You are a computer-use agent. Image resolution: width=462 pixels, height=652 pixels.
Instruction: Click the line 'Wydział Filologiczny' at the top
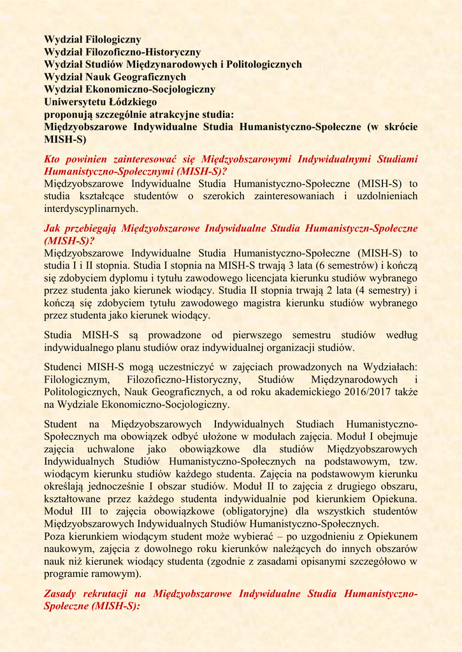point(92,39)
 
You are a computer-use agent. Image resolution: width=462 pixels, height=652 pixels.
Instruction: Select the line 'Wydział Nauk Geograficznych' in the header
point(115,77)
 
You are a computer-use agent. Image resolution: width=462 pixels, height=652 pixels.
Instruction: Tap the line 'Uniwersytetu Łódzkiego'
point(100,102)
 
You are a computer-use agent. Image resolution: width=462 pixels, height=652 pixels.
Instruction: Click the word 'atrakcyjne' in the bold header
point(179,115)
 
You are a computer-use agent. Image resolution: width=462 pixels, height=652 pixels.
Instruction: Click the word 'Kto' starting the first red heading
point(52,159)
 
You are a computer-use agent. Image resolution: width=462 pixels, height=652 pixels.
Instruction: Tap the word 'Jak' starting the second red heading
point(52,227)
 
